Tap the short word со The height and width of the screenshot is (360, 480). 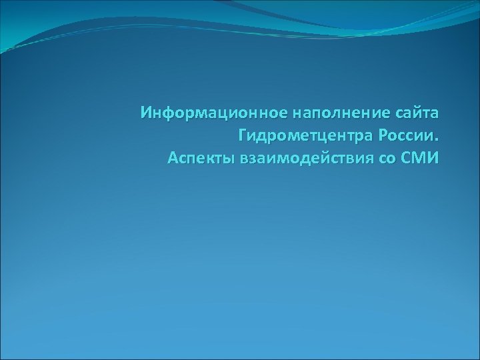pyautogui.click(x=387, y=159)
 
